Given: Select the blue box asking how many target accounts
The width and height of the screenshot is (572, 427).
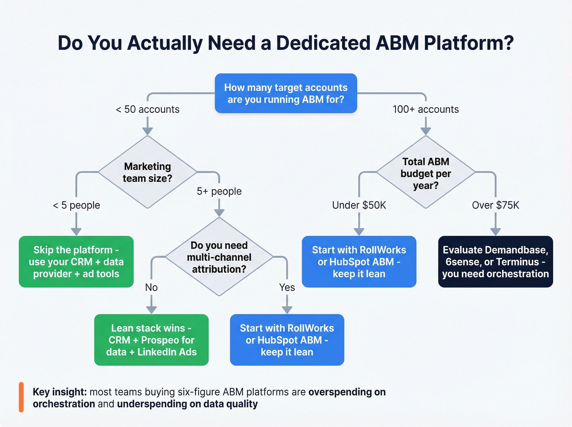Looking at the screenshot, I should (286, 94).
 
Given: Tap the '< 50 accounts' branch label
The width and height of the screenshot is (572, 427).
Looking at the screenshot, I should (147, 110).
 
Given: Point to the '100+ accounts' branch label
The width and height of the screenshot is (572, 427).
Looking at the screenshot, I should (425, 110).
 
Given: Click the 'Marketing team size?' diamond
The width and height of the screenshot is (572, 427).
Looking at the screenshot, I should (147, 172).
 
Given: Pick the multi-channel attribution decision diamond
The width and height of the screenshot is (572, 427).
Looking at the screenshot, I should (219, 257).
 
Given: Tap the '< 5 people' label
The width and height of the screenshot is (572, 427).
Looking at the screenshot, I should (76, 205).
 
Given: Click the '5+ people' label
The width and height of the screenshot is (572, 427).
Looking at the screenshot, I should (219, 191).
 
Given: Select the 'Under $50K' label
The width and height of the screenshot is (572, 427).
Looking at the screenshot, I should (359, 205).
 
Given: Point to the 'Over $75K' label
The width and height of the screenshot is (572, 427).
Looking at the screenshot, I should (495, 205).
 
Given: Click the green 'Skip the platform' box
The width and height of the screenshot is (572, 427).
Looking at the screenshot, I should (76, 262).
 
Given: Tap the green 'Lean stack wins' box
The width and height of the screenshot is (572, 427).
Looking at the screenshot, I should (151, 340).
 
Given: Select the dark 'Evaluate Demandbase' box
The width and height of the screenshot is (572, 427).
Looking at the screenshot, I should (495, 262).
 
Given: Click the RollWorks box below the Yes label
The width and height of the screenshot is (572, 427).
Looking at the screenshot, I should (287, 340).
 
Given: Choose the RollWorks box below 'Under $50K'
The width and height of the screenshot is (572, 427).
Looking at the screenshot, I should (359, 262).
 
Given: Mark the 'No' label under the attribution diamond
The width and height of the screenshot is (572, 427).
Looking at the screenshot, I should (151, 288).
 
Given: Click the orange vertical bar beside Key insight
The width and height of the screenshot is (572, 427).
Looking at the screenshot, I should (21, 397).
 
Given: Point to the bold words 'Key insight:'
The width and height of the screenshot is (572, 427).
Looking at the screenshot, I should (60, 392).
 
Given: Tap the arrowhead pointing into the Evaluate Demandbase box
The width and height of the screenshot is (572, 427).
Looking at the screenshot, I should (495, 232).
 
